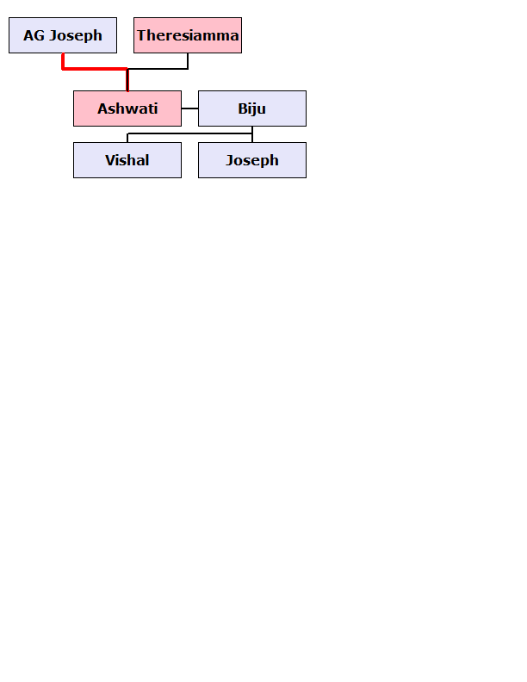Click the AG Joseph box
tap(63, 35)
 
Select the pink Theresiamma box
tap(188, 35)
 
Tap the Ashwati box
tap(127, 108)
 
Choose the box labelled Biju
tap(252, 108)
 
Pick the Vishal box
tap(127, 160)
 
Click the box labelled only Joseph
tap(252, 160)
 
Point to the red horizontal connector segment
tap(95, 68)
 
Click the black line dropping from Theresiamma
tap(188, 61)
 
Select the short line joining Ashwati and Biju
tap(190, 108)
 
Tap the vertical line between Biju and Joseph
tap(252, 134)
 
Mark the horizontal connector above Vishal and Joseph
tap(189, 133)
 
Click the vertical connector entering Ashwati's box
tap(127, 80)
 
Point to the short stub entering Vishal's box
tap(127, 138)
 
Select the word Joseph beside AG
tap(76, 36)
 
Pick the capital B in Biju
tap(242, 108)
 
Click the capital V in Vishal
tap(110, 160)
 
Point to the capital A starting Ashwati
tap(102, 108)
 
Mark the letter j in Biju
tap(252, 109)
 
